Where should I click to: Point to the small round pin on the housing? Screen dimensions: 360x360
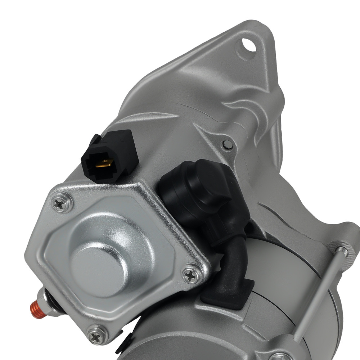(228, 145)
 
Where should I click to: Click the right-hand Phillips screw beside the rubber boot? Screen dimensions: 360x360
(192, 275)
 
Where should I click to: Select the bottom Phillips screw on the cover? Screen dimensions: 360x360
(97, 337)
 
